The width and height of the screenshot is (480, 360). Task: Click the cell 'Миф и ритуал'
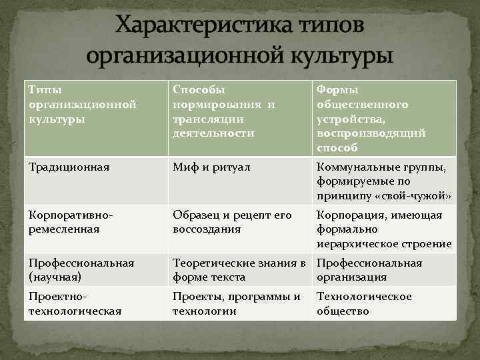211,167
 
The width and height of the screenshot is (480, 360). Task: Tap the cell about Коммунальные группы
383,181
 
